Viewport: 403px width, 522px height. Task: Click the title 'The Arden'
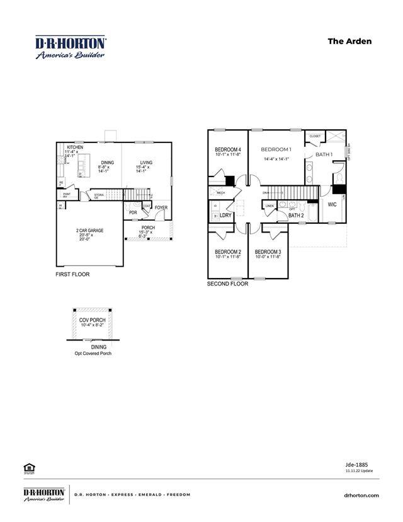349,42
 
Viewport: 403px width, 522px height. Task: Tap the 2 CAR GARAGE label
89,231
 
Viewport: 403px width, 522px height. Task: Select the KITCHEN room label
75,146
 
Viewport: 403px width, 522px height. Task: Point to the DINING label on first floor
107,163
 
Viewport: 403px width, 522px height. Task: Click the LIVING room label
145,163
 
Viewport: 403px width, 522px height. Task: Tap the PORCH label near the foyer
148,228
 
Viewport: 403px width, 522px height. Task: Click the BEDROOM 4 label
229,149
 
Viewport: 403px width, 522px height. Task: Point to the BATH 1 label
324,154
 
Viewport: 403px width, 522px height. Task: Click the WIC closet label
332,204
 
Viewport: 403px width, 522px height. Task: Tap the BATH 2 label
297,216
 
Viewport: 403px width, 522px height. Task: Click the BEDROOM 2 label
228,252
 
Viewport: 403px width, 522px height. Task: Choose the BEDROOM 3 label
268,252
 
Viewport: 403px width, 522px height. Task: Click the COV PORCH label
92,320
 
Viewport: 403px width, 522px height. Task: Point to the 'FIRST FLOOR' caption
72,275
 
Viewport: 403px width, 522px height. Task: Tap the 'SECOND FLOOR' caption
227,284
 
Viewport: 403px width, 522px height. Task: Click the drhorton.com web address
362,496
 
